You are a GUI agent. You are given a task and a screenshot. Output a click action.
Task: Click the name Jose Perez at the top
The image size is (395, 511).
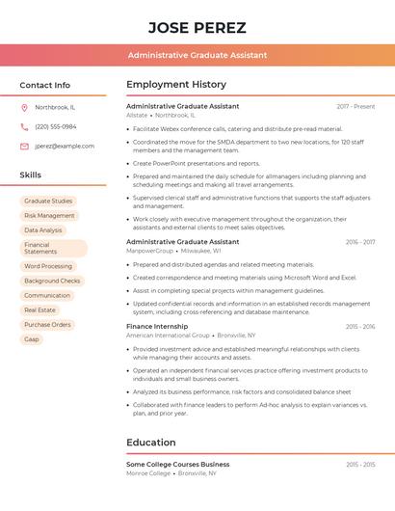click(197, 27)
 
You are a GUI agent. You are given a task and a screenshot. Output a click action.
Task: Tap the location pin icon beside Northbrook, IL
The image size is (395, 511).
click(24, 107)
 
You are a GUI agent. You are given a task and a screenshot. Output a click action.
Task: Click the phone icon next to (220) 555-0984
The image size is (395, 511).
click(24, 126)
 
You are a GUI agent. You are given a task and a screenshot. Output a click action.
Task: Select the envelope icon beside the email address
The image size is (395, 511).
click(24, 147)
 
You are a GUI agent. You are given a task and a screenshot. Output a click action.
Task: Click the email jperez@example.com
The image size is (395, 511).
click(65, 147)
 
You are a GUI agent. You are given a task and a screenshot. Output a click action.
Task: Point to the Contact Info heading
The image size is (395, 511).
click(45, 85)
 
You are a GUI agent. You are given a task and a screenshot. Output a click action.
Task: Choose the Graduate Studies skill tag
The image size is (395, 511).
click(48, 202)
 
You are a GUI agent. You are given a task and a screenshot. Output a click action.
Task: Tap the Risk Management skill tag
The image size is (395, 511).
click(49, 216)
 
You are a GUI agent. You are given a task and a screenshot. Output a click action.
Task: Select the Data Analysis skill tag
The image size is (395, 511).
click(43, 230)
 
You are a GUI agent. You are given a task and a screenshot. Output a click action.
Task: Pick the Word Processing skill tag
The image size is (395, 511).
click(48, 266)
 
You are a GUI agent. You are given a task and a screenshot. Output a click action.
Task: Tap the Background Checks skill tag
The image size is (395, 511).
click(52, 281)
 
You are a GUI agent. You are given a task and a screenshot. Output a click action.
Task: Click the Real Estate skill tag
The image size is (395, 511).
click(40, 310)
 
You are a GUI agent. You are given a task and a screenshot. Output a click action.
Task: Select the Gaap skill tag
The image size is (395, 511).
click(32, 339)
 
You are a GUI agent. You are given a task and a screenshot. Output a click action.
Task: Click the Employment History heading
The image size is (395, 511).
click(176, 85)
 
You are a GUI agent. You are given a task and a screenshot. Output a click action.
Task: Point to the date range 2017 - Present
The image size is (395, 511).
click(355, 106)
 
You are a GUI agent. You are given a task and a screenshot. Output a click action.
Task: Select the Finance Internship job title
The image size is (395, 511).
click(157, 327)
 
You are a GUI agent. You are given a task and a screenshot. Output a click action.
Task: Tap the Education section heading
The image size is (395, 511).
click(151, 443)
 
